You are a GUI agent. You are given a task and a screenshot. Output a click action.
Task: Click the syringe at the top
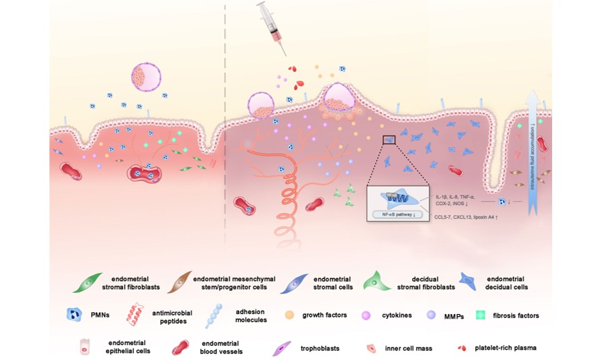click(271, 28)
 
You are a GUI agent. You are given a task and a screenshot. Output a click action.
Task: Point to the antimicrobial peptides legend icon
click(137, 314)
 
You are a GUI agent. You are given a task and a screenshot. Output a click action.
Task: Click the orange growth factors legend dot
click(290, 315)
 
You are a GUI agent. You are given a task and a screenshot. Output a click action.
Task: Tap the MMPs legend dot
click(431, 315)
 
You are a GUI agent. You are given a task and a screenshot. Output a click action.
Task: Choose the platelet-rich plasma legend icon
click(462, 348)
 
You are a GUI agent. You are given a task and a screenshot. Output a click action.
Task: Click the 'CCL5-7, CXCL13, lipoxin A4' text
click(461, 217)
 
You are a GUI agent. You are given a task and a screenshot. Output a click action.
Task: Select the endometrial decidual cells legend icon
click(472, 281)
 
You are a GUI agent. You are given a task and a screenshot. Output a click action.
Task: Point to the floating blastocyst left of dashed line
click(146, 78)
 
